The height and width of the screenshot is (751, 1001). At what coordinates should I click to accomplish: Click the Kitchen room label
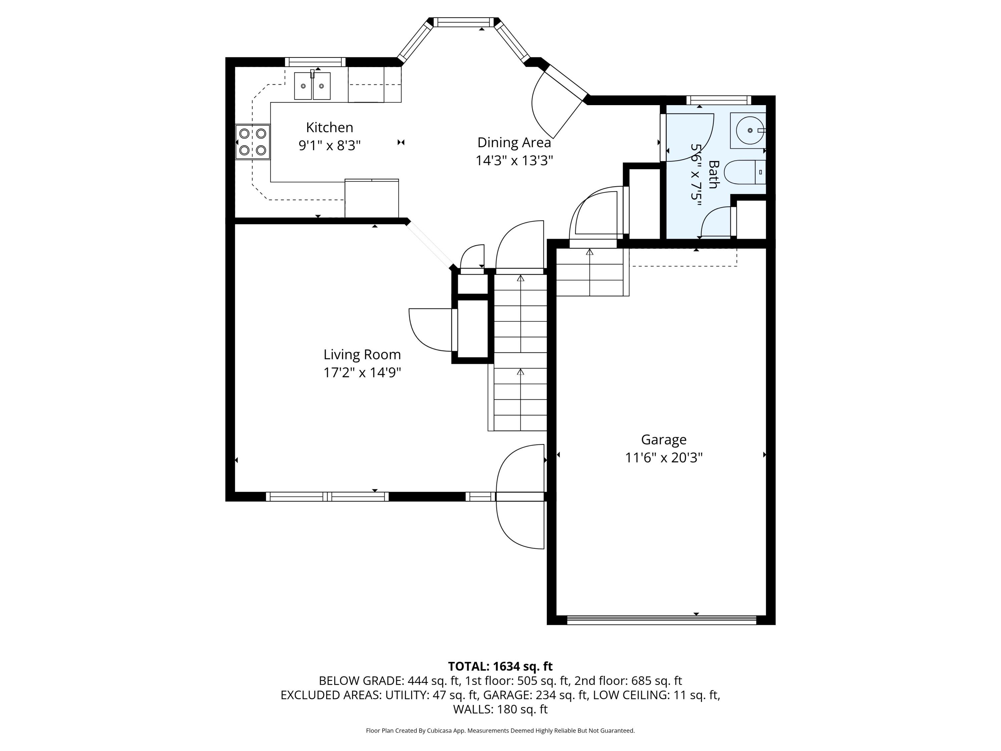(329, 127)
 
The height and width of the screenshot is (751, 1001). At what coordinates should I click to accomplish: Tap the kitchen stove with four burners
(253, 142)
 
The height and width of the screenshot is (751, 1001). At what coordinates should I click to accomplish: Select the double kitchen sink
(312, 85)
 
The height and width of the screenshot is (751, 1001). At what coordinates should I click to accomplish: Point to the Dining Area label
(514, 143)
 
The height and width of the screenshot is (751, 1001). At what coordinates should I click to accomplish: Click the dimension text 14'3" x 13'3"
(514, 161)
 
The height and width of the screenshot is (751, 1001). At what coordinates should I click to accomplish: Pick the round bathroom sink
(750, 131)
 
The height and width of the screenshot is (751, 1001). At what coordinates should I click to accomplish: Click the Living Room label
(362, 354)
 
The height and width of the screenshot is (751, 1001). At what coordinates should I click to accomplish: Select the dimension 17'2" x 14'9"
(362, 372)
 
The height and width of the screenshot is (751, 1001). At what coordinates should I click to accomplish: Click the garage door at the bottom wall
(662, 620)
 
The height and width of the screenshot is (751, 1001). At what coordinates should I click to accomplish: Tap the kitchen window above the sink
(315, 62)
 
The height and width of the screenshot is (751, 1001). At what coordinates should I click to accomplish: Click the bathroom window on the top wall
(719, 100)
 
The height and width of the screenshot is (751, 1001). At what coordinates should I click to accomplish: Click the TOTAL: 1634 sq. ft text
(500, 666)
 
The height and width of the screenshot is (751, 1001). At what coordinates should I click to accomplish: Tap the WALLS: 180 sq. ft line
(500, 709)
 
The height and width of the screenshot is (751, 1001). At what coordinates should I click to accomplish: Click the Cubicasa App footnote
(500, 731)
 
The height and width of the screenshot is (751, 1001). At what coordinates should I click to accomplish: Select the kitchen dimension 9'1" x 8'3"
(329, 145)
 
